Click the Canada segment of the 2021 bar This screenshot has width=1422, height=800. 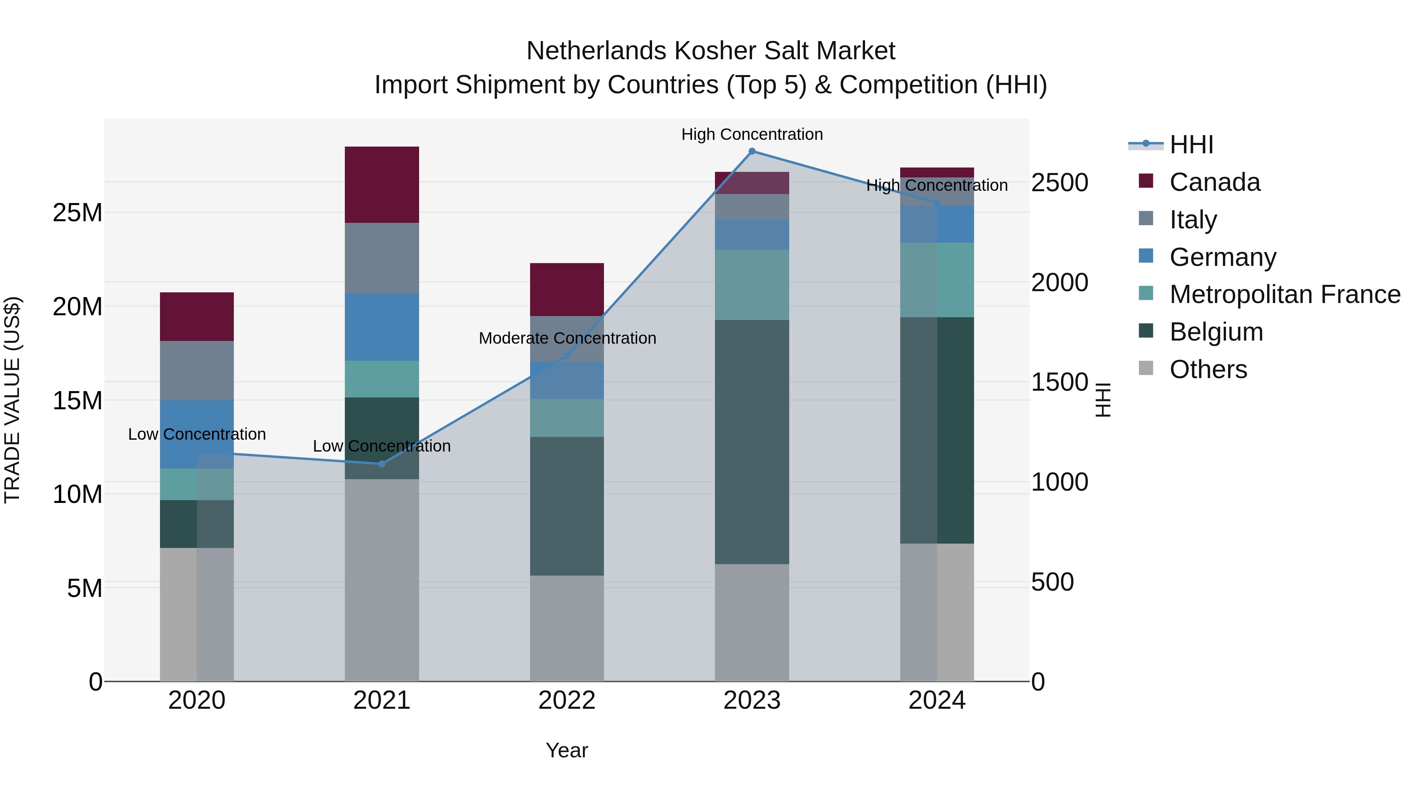(382, 184)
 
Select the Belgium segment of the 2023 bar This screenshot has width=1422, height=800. (751, 442)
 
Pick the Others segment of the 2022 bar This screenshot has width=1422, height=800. (566, 628)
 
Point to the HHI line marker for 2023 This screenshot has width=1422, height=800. (751, 151)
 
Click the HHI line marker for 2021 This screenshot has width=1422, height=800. (382, 464)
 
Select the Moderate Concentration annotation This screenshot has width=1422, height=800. (567, 338)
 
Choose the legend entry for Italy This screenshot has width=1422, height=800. (1193, 220)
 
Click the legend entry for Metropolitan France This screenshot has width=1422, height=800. (1284, 294)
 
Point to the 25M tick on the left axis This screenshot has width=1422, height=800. (77, 213)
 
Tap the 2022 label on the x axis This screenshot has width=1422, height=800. (566, 700)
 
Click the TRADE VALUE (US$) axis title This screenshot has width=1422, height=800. (12, 400)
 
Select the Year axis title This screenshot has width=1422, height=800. (566, 750)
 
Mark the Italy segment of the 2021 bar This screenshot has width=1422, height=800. (382, 258)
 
